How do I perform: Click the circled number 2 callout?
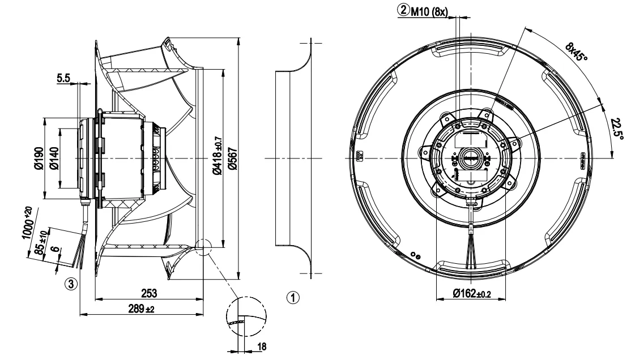pyautogui.click(x=403, y=10)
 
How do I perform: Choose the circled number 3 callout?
pyautogui.click(x=70, y=283)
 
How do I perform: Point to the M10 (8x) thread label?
pyautogui.click(x=428, y=10)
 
